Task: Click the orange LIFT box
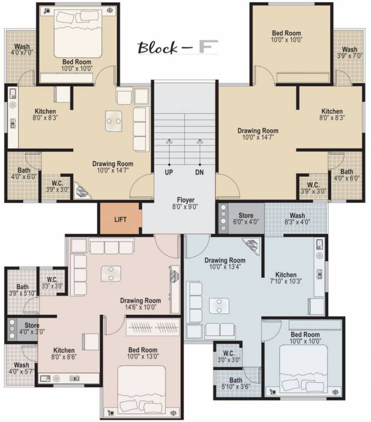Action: tap(120, 219)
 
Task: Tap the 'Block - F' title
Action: tap(177, 48)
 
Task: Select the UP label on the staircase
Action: tap(169, 172)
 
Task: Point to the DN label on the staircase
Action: tap(199, 172)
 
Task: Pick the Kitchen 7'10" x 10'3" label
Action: tap(286, 278)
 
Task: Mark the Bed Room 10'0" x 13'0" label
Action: tap(143, 353)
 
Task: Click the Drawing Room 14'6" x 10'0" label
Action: tap(140, 304)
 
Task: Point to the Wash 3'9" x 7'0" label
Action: tap(350, 53)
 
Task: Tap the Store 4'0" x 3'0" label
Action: tap(31, 328)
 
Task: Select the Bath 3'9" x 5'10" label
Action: tap(22, 290)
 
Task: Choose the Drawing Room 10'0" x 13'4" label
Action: tap(225, 263)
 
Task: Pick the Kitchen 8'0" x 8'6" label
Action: tap(64, 354)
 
